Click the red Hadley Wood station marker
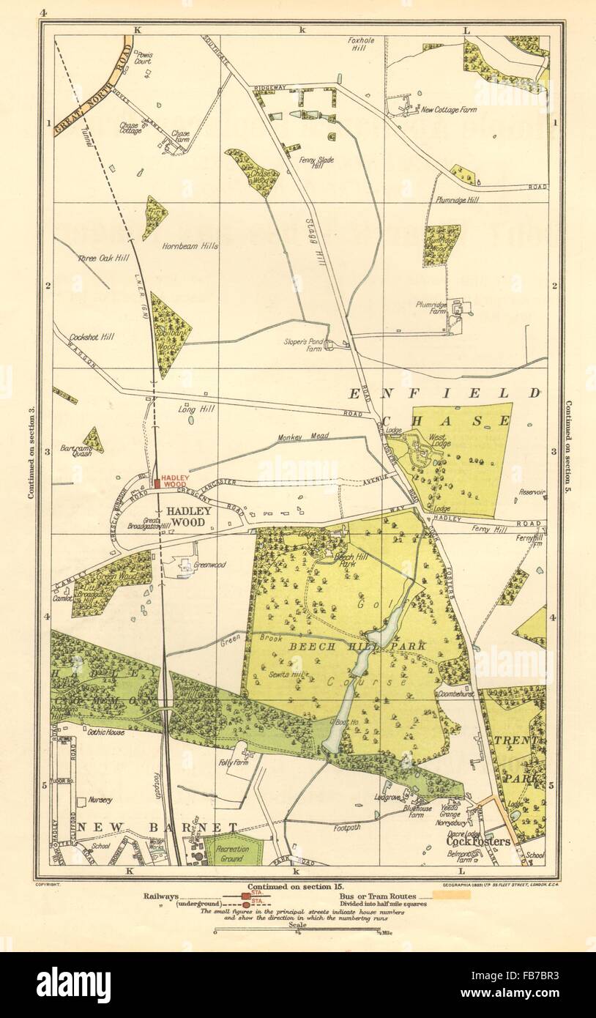157,483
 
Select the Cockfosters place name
477,841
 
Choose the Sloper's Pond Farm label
303,345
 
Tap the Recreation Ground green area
232,853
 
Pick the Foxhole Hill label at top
361,45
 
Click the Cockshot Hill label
92,337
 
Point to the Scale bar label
297,926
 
